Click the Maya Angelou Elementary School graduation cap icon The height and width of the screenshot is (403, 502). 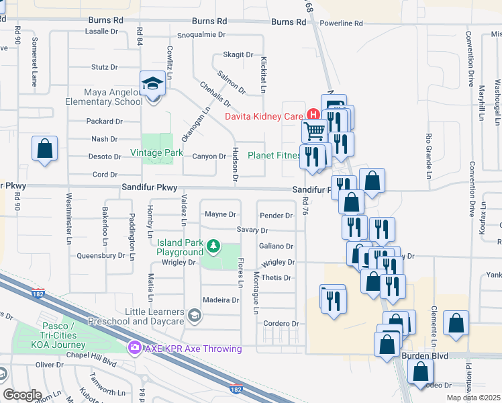pos(152,84)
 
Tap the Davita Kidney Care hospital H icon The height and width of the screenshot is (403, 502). pos(311,116)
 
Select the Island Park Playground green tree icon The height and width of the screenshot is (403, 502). pos(213,246)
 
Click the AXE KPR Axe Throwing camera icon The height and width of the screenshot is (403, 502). pos(134,347)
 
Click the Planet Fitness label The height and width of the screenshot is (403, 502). pos(274,155)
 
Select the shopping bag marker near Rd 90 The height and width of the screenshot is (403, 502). pos(44,149)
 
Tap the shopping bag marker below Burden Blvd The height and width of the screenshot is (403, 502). pos(420,371)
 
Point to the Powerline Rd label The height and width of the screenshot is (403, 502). pos(341,24)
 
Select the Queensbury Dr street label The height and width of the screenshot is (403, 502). pos(101,255)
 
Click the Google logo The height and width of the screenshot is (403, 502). pos(22,394)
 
